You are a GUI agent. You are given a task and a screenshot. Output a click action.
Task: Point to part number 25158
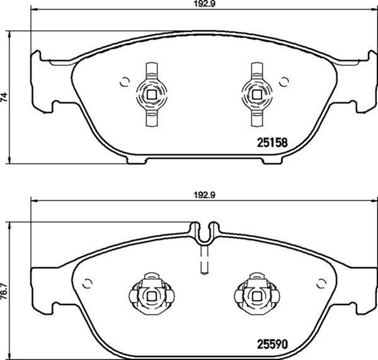click(271, 142)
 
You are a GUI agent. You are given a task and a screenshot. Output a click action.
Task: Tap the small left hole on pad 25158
click(124, 82)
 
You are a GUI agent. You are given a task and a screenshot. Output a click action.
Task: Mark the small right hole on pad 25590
click(322, 282)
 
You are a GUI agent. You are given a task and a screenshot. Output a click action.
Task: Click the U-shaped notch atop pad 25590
click(204, 232)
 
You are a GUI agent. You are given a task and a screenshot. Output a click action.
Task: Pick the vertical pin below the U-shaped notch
click(204, 260)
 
